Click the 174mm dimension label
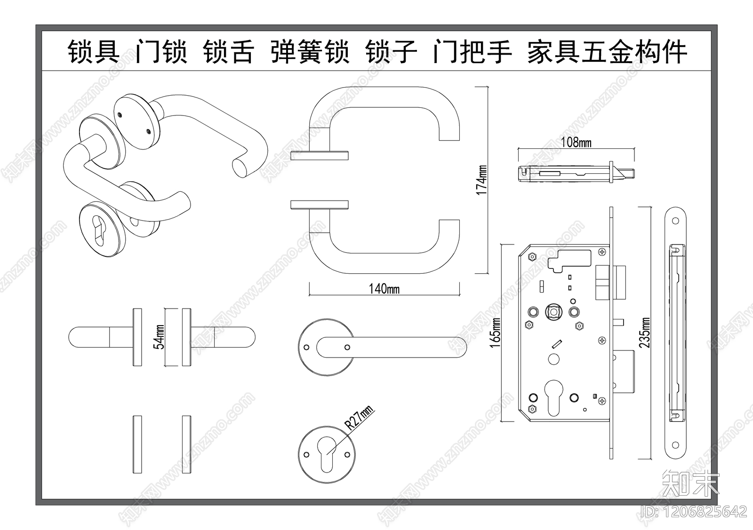[x=481, y=179]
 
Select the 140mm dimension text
[x=384, y=288]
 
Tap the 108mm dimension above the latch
[x=577, y=142]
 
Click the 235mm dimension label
[x=645, y=333]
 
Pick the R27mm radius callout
[x=359, y=417]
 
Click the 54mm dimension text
[x=160, y=336]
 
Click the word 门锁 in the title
[x=161, y=52]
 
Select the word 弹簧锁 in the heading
[x=310, y=52]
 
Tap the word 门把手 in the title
[x=472, y=52]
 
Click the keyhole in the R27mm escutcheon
[x=327, y=455]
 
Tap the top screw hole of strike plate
[x=676, y=221]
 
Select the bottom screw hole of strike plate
[x=676, y=444]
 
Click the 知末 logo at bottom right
[x=691, y=482]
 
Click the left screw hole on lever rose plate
[x=307, y=347]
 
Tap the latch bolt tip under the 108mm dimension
[x=628, y=173]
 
